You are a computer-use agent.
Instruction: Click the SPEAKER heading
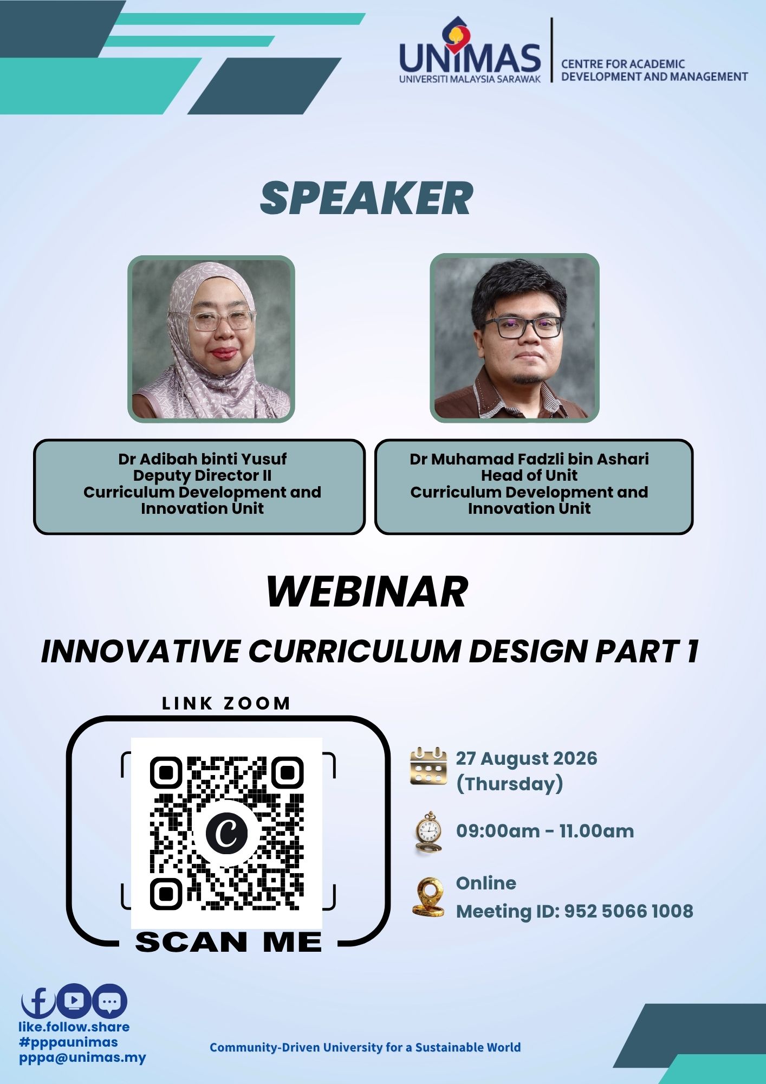366,198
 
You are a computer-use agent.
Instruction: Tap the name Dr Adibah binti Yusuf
202,459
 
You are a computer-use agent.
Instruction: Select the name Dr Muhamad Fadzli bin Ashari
529,459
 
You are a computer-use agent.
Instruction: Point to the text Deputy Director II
202,475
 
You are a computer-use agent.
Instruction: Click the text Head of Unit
529,475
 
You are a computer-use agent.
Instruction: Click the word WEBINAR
367,592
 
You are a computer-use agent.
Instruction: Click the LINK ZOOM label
226,704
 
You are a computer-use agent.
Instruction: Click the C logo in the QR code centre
226,832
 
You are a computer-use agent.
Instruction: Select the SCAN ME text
228,943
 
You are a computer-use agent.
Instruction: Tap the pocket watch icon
429,833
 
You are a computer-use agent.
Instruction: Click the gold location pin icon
428,897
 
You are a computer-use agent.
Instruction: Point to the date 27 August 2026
526,758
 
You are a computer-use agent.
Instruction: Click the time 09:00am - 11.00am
545,831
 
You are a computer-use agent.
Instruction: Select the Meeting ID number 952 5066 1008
628,911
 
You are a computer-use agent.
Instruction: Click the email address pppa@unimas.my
82,1057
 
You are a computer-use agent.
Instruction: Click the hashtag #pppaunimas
68,1042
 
